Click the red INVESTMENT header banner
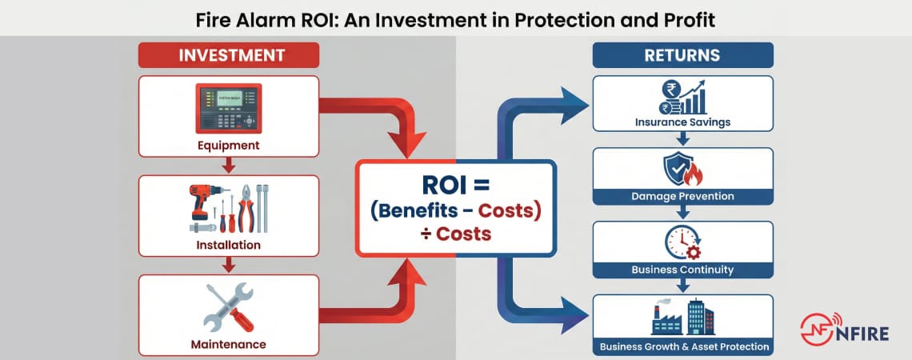[x=228, y=55]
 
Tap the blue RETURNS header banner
[x=682, y=55]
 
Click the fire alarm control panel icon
[x=228, y=108]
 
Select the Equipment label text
[x=228, y=146]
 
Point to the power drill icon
[x=200, y=204]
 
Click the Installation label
[x=228, y=245]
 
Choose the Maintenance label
[x=228, y=345]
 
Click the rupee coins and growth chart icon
[x=682, y=98]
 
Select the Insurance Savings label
[x=682, y=123]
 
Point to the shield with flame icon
[x=682, y=170]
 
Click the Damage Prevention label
[x=682, y=196]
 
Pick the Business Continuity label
[x=682, y=270]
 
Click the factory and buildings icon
[x=682, y=318]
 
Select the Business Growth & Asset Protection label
[x=682, y=347]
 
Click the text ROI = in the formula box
[x=455, y=185]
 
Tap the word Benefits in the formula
[x=422, y=211]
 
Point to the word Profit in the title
[x=688, y=18]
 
